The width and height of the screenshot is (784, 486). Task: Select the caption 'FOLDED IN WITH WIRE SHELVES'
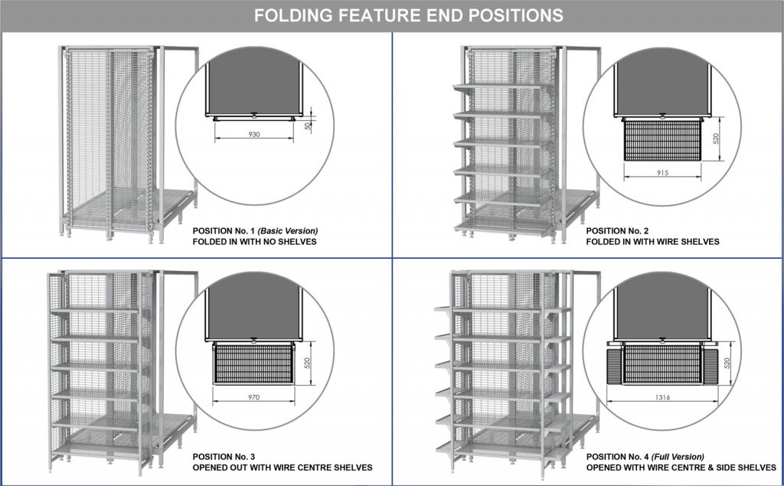pyautogui.click(x=652, y=241)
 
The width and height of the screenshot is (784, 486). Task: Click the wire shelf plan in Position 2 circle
pyautogui.click(x=662, y=139)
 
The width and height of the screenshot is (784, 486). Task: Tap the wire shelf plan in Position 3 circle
pyautogui.click(x=253, y=364)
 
